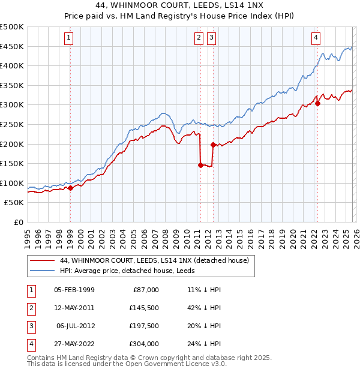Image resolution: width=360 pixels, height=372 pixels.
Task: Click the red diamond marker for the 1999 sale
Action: pos(70,188)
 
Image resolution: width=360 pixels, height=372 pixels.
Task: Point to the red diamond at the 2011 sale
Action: pos(200,165)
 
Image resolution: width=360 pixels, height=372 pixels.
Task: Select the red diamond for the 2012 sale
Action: pos(212,145)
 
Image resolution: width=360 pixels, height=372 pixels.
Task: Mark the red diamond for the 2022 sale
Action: pos(317,103)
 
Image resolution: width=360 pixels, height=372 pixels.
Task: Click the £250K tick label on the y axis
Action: pos(12,124)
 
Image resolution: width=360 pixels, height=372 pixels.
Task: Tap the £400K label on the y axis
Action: pos(12,66)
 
